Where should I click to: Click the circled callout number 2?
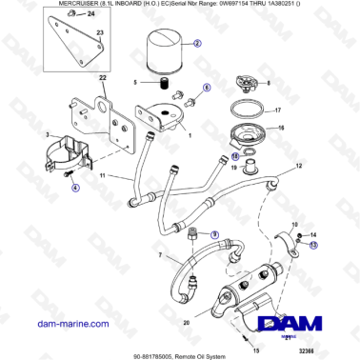[197, 44]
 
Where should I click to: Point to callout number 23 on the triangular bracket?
[99, 32]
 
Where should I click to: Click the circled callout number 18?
[235, 155]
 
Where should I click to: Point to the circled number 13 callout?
[297, 251]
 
